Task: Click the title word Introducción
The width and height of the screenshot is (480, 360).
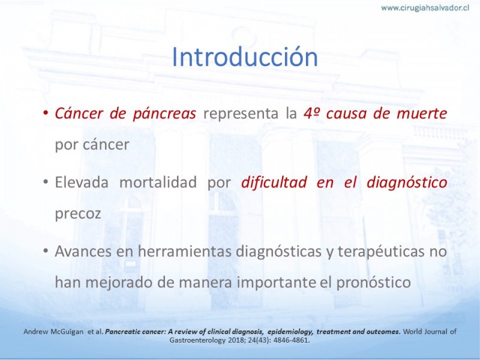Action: coord(245,56)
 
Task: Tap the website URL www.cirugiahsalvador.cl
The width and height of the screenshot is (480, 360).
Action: coord(425,8)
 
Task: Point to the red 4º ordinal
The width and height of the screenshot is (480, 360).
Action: coord(311,113)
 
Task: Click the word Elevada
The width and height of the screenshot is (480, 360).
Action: coord(82,182)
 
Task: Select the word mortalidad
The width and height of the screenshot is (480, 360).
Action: coord(158,182)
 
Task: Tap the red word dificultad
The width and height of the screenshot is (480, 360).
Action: coord(274,182)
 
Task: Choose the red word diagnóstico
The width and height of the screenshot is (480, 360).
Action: coord(407,183)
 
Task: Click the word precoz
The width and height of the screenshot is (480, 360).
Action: coord(78,214)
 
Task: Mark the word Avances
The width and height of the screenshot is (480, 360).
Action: coord(83,251)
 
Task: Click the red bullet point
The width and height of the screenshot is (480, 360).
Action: coord(46,113)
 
